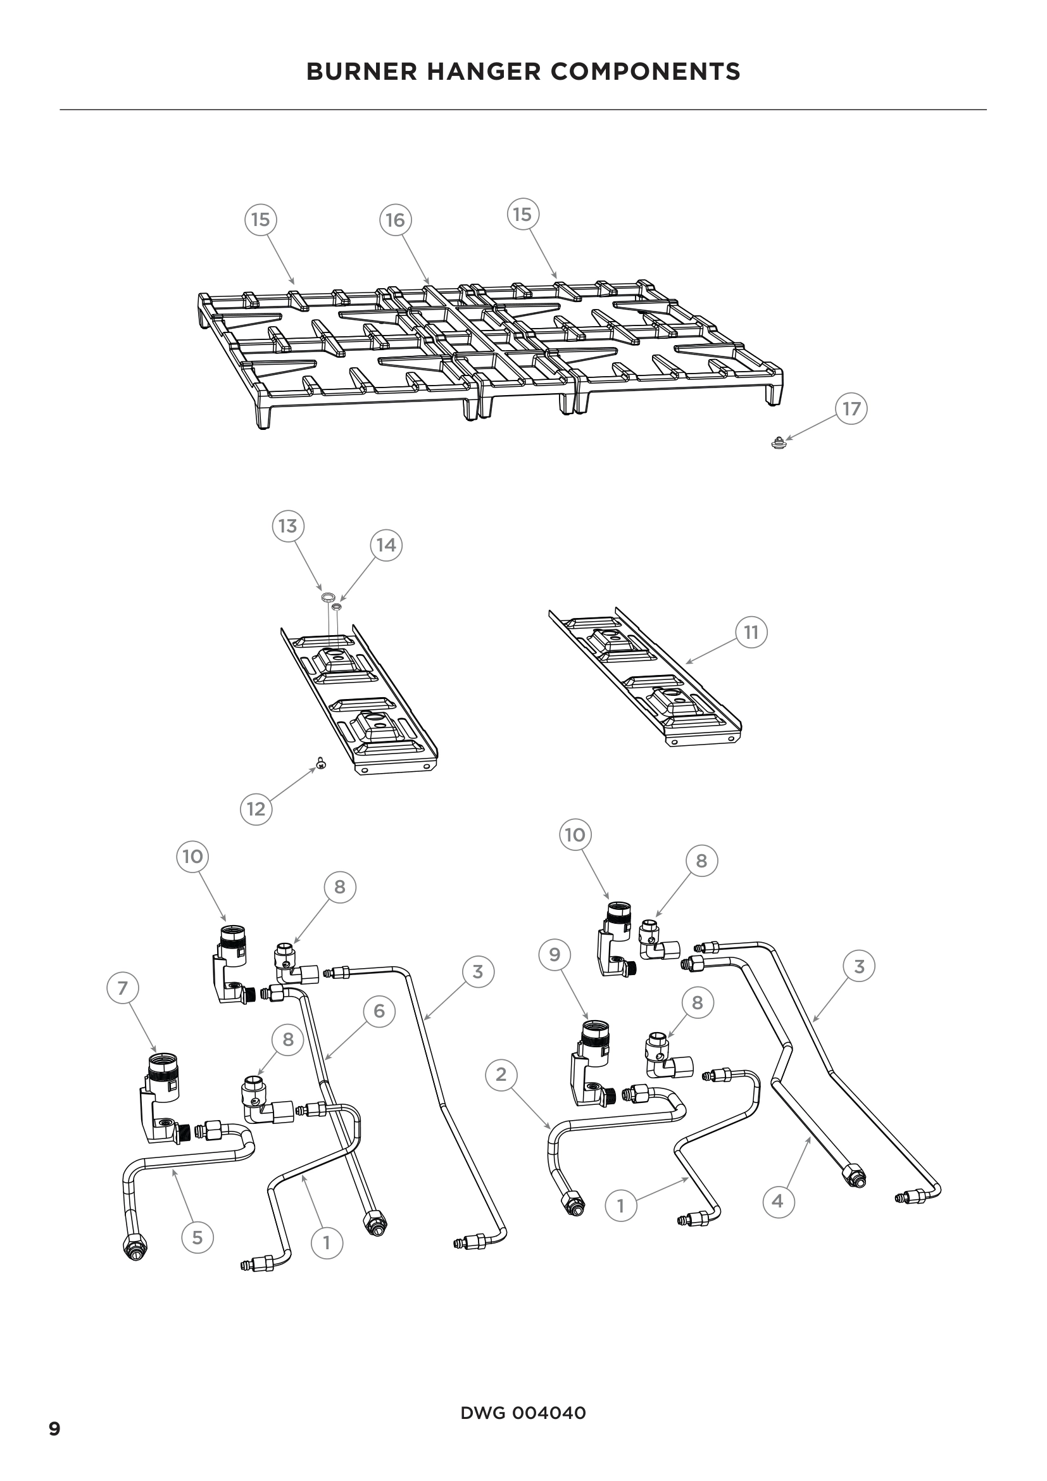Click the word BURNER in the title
coord(361,72)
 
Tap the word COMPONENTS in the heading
coord(645,72)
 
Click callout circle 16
coord(394,220)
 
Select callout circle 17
coord(851,409)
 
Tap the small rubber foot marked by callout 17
coord(779,443)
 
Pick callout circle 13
coord(287,526)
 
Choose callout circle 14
coord(386,546)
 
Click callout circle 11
coord(751,632)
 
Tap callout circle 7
coord(123,988)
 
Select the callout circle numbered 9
coord(555,955)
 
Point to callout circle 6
coord(379,1011)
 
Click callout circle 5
coord(197,1237)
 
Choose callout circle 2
coord(501,1075)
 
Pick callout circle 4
coord(777,1201)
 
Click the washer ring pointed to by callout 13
coord(327,597)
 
